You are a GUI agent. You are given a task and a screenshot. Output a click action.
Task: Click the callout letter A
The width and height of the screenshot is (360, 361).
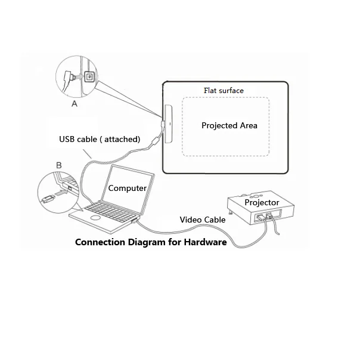coord(74,103)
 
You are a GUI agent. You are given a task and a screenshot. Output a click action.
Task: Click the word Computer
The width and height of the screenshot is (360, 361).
coord(127,188)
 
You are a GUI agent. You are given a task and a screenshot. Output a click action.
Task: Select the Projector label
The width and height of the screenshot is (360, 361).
coord(262,203)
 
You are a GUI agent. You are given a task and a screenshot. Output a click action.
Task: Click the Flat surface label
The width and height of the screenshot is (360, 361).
coord(224,91)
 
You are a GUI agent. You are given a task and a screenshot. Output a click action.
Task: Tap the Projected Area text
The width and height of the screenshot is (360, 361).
coord(229,125)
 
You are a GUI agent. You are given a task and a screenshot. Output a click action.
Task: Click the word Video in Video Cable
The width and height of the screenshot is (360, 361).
coord(191,220)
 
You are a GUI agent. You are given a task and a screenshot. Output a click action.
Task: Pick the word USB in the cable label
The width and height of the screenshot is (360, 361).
coord(68,139)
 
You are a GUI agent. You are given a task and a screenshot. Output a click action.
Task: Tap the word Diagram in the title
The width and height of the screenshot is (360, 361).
coord(148,242)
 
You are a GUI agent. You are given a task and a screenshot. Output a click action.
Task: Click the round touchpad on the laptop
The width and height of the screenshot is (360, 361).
coord(95,218)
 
